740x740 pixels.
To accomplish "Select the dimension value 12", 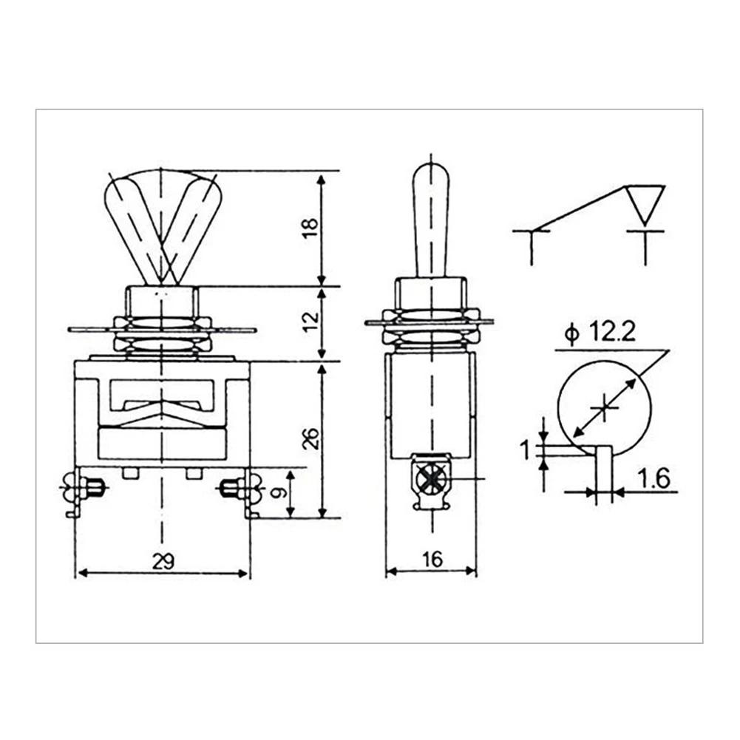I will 310,320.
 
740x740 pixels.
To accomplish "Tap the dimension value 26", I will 310,438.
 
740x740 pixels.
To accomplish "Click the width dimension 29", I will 163,561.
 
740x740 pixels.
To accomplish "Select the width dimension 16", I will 432,560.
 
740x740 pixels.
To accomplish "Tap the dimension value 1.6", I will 654,479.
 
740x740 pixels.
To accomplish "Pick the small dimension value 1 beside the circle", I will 526,449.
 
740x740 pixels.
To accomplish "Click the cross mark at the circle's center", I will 605,407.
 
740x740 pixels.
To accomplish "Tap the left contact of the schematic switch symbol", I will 532,237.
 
